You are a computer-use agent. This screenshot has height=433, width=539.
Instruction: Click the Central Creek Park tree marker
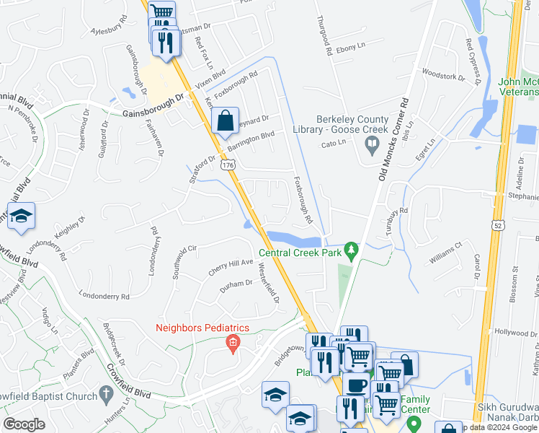tap(352, 250)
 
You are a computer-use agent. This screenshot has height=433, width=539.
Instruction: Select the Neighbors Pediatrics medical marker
tap(232, 344)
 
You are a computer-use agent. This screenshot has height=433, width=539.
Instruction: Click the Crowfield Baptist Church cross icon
tap(106, 395)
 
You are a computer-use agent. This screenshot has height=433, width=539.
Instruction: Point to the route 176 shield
tap(228, 165)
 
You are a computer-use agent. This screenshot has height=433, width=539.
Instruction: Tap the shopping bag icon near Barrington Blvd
tap(226, 121)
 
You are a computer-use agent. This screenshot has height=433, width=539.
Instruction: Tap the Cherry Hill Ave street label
tap(231, 267)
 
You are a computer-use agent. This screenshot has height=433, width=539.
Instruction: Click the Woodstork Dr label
tap(440, 74)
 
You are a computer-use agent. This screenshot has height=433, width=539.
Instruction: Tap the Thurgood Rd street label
tap(323, 37)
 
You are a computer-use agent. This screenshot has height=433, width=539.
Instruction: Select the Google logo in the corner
tap(24, 424)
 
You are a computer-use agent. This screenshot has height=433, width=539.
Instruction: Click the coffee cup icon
tap(355, 385)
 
